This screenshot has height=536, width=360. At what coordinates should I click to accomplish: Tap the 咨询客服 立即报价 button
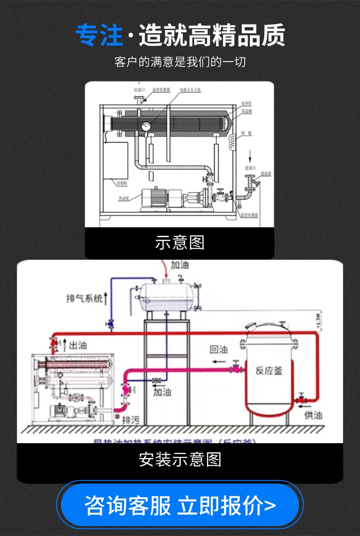(x=180, y=505)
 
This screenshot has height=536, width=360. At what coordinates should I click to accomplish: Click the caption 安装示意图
(x=180, y=459)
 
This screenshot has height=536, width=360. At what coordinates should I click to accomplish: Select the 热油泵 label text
(x=124, y=198)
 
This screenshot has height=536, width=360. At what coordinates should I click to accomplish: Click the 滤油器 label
(x=266, y=174)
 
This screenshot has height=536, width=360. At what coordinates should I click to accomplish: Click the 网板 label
(x=246, y=133)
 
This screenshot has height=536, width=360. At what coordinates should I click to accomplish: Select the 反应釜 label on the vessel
(x=269, y=370)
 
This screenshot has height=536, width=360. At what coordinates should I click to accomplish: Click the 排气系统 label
(x=85, y=299)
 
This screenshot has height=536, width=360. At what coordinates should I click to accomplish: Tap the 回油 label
(x=218, y=349)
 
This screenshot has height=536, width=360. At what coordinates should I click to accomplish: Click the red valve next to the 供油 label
(x=300, y=399)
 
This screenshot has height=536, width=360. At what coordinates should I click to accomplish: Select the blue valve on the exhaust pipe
(x=110, y=324)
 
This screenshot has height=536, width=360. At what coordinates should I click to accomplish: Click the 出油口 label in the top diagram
(x=139, y=90)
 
